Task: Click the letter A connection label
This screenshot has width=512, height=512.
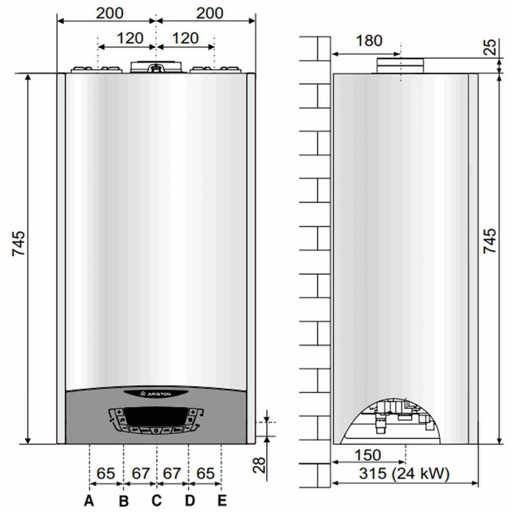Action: pyautogui.click(x=89, y=500)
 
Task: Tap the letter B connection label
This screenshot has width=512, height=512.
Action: pyautogui.click(x=124, y=500)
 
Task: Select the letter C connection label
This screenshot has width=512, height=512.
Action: pyautogui.click(x=157, y=500)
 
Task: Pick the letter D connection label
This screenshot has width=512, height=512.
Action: pyautogui.click(x=189, y=500)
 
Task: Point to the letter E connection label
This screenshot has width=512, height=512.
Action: pyautogui.click(x=222, y=500)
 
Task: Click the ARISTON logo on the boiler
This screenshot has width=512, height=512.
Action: pyautogui.click(x=156, y=394)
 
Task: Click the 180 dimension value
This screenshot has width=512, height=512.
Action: pyautogui.click(x=369, y=41)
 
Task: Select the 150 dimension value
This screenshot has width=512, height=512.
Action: pyautogui.click(x=368, y=455)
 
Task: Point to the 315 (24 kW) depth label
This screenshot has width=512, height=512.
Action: pyautogui.click(x=404, y=473)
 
